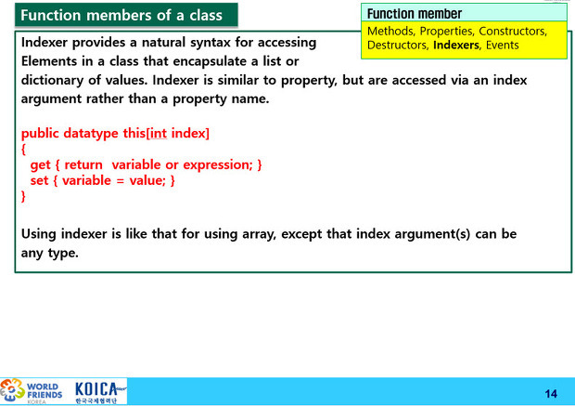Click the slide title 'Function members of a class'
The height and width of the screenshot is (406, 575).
[121, 16]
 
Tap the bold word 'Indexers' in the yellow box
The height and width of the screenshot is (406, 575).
[455, 46]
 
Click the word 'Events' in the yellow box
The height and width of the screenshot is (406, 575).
[502, 46]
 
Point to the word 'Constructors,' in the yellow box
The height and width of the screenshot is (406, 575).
[513, 32]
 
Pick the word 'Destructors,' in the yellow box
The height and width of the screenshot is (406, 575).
[398, 46]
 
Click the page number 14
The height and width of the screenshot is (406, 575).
[551, 394]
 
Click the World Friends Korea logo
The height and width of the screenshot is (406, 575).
[32, 392]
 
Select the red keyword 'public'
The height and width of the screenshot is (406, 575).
[40, 134]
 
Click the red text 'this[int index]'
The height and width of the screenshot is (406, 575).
[166, 133]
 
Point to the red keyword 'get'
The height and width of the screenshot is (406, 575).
[40, 165]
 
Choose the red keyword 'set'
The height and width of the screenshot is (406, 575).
[39, 180]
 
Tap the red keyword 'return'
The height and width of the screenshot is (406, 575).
[83, 164]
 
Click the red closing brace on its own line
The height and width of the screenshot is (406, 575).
[23, 196]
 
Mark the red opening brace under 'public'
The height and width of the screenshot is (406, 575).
[23, 150]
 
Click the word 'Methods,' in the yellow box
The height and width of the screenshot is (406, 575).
[391, 32]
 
